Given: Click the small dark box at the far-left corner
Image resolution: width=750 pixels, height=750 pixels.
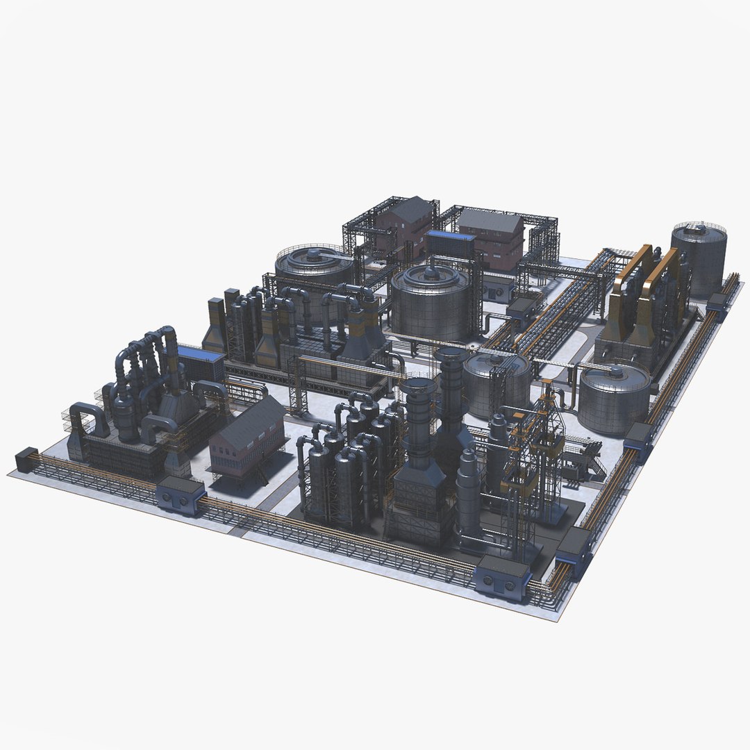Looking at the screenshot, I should tap(26, 460).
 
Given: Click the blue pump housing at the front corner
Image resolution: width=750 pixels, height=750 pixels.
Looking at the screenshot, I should tap(502, 577).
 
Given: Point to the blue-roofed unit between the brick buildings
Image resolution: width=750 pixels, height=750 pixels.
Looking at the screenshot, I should tap(451, 244).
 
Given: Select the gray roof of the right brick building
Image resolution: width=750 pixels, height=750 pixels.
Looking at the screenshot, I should tap(490, 221).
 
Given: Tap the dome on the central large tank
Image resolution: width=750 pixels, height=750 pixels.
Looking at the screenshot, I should tap(431, 274).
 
